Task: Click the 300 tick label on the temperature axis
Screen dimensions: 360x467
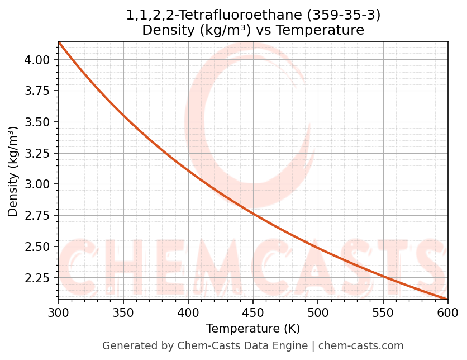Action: point(58,312)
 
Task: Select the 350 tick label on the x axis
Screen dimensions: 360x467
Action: point(123,312)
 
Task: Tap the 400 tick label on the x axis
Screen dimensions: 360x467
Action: point(188,312)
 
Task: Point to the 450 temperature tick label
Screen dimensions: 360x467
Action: point(253,312)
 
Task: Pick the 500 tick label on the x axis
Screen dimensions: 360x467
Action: point(318,312)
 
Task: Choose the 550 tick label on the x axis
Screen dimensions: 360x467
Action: point(383,312)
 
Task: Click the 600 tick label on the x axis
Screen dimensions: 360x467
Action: point(447,312)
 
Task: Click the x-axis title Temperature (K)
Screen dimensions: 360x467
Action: point(252,329)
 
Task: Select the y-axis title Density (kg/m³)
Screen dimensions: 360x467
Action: point(13,172)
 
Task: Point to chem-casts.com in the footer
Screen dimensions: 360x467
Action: point(361,346)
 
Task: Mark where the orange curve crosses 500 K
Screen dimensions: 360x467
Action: point(318,247)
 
